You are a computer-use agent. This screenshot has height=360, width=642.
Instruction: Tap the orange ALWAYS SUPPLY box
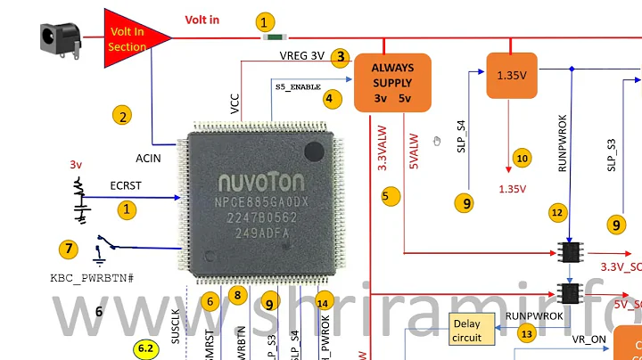point(392,82)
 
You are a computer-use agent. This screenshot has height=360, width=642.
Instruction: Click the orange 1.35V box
point(511,75)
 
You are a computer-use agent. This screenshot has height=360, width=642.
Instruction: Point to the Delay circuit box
point(467,330)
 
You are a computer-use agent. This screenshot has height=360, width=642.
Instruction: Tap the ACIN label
point(148,158)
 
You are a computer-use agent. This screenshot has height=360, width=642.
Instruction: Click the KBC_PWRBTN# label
point(93,278)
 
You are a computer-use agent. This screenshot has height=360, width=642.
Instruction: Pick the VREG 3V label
point(302,56)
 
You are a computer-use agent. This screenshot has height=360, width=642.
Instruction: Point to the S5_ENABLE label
point(298,87)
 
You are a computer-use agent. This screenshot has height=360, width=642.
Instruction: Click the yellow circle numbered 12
point(557,212)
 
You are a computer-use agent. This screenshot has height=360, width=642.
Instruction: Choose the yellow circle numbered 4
point(333,99)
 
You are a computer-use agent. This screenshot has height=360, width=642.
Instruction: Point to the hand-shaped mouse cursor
point(437,140)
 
